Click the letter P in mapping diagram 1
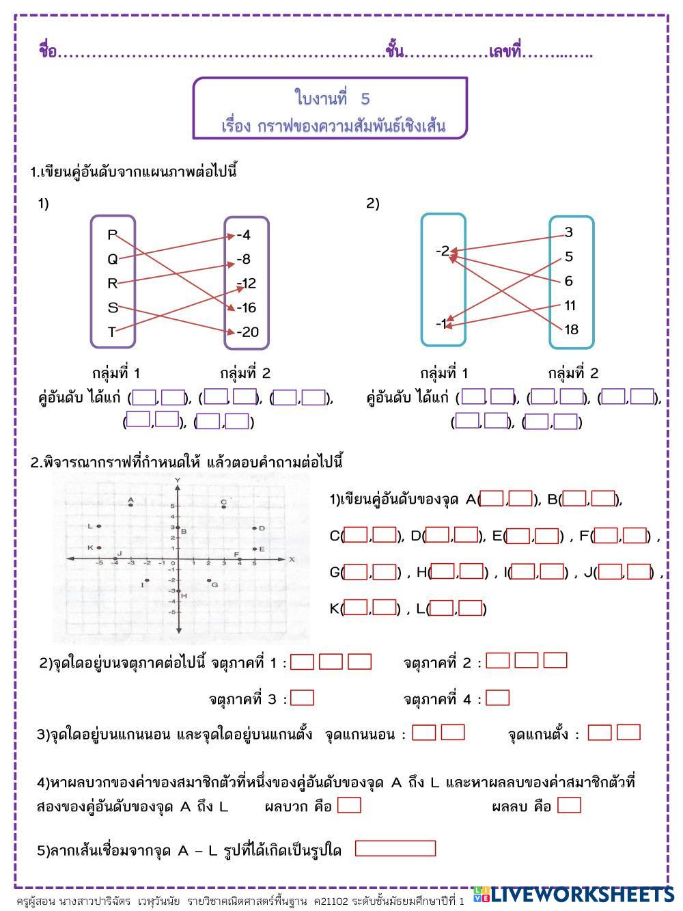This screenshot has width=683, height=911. pos(112,234)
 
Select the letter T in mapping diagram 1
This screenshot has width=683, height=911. pos(112,332)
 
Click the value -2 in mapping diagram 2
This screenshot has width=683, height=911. pos(443,251)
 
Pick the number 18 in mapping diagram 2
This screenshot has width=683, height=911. pos(571,329)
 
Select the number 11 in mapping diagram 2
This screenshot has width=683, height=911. pos(571,305)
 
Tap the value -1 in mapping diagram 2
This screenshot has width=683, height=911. pos(443,323)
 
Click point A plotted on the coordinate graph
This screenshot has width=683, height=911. pos(130,504)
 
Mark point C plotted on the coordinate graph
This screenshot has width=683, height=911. pos(223,506)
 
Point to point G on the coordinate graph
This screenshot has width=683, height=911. pos(209,580)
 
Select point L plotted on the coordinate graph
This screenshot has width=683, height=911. pos(99,526)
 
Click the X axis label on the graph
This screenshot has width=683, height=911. pos(292,559)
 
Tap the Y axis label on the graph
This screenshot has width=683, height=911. pos(178,481)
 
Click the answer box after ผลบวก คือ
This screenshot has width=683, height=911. pos(349,805)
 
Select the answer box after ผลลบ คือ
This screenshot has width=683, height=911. pos(569,805)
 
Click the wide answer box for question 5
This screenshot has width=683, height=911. pos(395,848)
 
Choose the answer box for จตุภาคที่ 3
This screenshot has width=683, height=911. pos(303,698)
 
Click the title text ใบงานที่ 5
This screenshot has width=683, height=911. pos(332,99)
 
